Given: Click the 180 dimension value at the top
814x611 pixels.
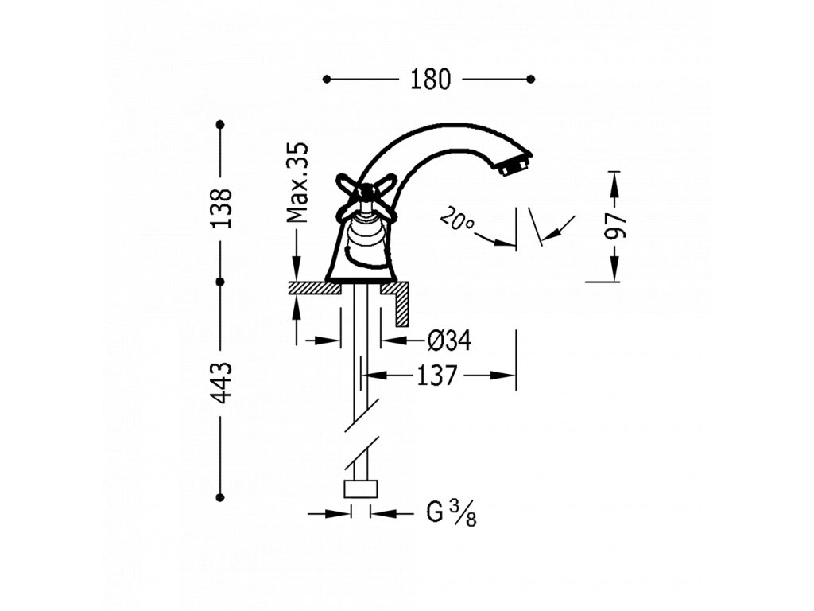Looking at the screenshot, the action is click(x=429, y=79).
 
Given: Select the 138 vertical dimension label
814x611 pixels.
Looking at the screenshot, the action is click(x=222, y=208).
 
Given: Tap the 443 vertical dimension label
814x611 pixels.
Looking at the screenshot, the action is click(x=222, y=381).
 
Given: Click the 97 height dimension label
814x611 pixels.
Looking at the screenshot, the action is click(x=615, y=226).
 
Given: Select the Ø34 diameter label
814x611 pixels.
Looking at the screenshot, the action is click(x=449, y=341).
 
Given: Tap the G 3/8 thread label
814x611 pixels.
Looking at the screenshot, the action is click(x=450, y=514).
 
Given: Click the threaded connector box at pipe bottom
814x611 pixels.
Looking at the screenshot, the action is click(x=361, y=488).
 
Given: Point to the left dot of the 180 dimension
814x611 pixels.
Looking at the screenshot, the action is click(x=327, y=79).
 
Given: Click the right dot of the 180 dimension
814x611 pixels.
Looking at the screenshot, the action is click(x=531, y=79).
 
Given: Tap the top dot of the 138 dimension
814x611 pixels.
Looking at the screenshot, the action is click(x=221, y=125).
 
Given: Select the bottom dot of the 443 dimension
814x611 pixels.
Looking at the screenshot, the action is click(x=221, y=497).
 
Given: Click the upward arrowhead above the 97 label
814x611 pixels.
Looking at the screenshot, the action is click(x=615, y=181).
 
